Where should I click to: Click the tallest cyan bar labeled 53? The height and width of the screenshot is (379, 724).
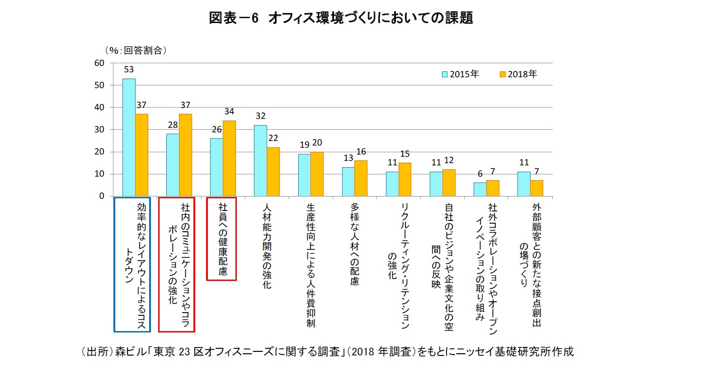pyautogui.click(x=129, y=137)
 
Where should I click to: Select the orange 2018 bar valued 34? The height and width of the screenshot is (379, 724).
pyautogui.click(x=229, y=158)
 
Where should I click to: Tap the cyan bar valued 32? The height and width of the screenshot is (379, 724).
pyautogui.click(x=260, y=160)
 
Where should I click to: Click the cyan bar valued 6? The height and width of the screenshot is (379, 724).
pyautogui.click(x=480, y=189)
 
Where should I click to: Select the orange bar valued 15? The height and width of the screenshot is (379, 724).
pyautogui.click(x=405, y=179)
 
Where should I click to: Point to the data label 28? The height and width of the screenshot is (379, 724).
pyautogui.click(x=173, y=125)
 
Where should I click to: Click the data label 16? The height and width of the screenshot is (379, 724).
pyautogui.click(x=361, y=152)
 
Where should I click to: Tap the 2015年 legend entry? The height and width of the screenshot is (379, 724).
pyautogui.click(x=460, y=74)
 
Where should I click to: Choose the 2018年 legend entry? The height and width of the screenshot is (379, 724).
pyautogui.click(x=518, y=74)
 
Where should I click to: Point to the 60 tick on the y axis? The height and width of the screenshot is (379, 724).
pyautogui.click(x=99, y=63)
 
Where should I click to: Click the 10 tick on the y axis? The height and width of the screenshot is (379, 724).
pyautogui.click(x=99, y=174)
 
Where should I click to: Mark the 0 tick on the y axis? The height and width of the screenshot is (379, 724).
pyautogui.click(x=102, y=196)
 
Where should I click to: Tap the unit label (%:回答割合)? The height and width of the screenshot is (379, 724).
pyautogui.click(x=136, y=51)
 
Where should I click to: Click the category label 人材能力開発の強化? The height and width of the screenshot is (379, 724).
pyautogui.click(x=267, y=246)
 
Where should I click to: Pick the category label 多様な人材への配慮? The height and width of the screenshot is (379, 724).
pyautogui.click(x=355, y=244)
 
